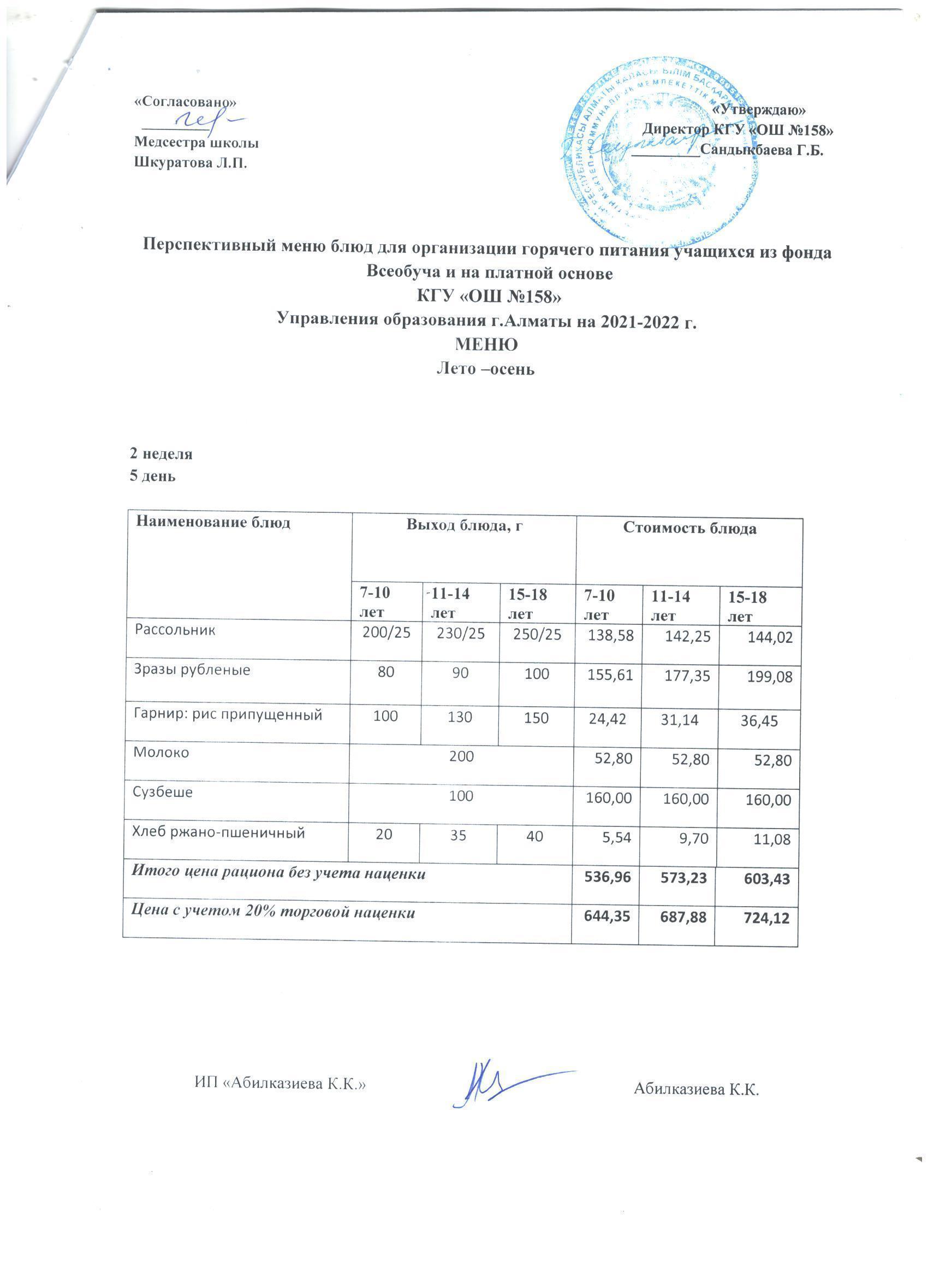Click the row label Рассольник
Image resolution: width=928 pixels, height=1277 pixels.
click(x=175, y=630)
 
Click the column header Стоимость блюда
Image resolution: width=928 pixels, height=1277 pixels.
click(x=689, y=529)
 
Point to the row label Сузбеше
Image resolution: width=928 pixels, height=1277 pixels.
click(x=163, y=792)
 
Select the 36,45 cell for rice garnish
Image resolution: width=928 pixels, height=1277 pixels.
click(x=759, y=721)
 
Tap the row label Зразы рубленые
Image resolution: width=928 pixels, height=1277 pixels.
click(x=192, y=670)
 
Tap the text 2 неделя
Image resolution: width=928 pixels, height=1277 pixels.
click(x=162, y=454)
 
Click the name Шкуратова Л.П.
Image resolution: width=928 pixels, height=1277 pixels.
click(x=190, y=163)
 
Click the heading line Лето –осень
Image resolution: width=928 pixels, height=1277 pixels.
click(x=486, y=369)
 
